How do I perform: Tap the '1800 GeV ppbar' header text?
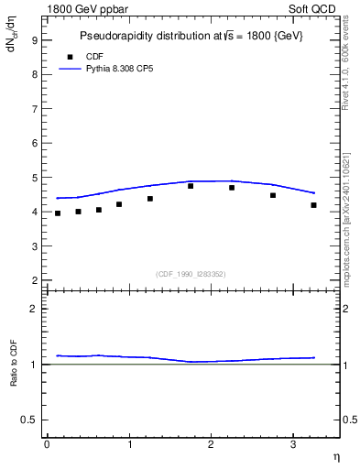87,9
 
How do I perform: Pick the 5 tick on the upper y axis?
34,178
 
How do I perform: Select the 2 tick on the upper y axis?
34,280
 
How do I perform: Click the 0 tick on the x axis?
47,444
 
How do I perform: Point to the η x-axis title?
335,455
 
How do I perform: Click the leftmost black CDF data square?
58,213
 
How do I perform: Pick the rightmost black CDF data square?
313,205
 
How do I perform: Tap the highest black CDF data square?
191,186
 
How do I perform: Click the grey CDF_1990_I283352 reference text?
191,273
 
